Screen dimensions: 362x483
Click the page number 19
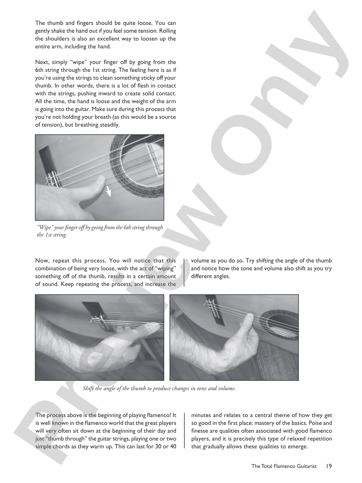click(x=329, y=466)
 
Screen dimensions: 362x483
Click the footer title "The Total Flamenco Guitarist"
click(x=284, y=466)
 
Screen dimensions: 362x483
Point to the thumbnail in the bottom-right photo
click(x=249, y=318)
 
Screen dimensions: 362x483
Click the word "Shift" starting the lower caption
click(x=88, y=388)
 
